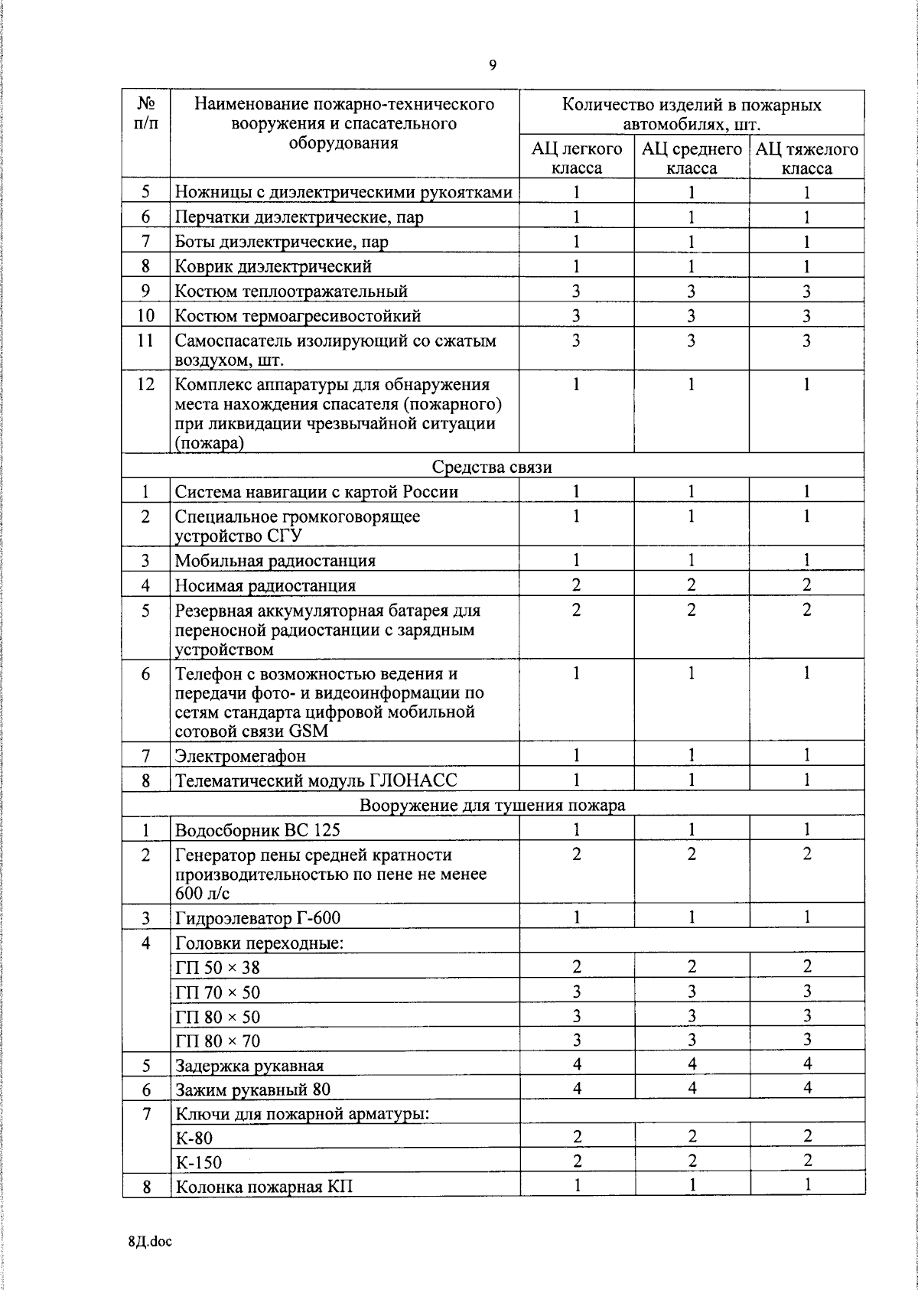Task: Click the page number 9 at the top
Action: click(493, 66)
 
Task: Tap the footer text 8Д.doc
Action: click(150, 1241)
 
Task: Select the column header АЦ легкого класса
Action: click(576, 158)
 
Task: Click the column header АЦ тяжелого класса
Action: click(807, 158)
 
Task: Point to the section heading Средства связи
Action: click(492, 467)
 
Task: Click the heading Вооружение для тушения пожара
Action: click(492, 805)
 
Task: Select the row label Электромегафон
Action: click(240, 756)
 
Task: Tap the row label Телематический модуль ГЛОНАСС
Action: click(316, 780)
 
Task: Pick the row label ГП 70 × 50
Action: click(217, 992)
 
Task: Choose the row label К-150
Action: click(198, 1162)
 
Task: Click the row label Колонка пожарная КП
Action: click(264, 1187)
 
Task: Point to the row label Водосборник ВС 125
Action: click(258, 830)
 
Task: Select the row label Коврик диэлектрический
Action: click(273, 266)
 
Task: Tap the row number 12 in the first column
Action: click(145, 384)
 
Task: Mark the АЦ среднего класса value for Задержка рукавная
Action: click(692, 1064)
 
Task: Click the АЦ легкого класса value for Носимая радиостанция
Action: click(576, 585)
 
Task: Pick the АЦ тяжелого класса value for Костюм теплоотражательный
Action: click(806, 291)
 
